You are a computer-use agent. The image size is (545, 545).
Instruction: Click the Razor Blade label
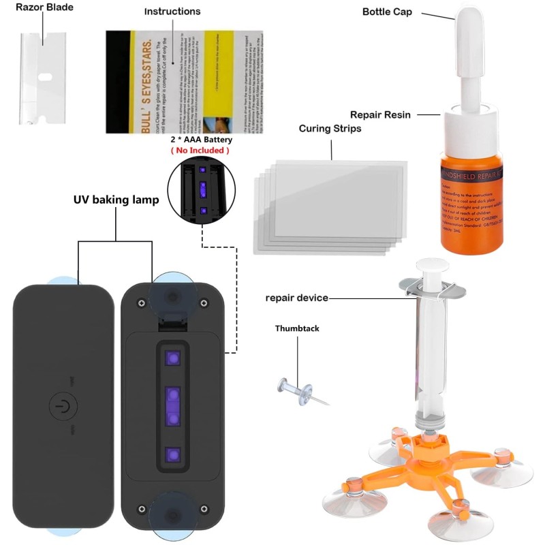click(44, 8)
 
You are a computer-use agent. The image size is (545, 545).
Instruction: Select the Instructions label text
click(172, 12)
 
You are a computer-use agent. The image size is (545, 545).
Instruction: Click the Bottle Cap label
click(387, 12)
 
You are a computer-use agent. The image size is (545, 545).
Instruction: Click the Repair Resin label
click(380, 114)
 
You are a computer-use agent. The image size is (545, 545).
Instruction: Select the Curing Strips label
click(330, 128)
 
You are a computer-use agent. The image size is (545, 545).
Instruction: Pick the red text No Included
click(200, 150)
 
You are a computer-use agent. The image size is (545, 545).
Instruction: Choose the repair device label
click(296, 298)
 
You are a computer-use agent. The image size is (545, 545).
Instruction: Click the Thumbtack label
click(297, 328)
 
